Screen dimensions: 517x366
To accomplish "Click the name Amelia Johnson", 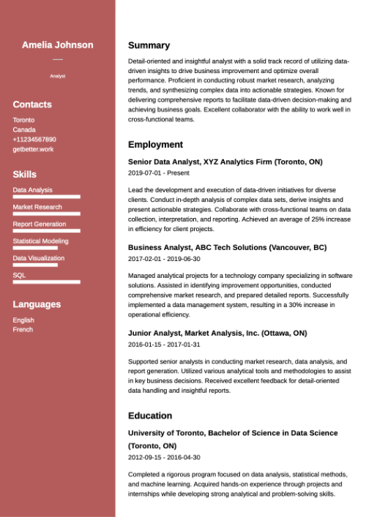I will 58,45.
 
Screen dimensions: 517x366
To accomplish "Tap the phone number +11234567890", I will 34,139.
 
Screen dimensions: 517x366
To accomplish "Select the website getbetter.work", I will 33,149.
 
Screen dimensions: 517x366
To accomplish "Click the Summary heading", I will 149,45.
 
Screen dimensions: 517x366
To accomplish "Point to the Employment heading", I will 155,145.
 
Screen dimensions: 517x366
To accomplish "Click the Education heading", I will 150,416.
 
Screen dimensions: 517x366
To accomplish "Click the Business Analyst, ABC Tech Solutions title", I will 227,247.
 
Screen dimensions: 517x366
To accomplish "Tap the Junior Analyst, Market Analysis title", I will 217,333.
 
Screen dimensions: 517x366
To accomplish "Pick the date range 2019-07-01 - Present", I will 158,173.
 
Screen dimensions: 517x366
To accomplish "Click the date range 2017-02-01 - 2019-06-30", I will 164,259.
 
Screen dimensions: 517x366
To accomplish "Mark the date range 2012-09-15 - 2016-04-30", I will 164,457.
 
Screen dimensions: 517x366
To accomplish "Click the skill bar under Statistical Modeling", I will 35,248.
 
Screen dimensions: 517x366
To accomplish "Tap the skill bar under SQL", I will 46,282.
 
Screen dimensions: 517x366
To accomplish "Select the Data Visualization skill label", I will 38,258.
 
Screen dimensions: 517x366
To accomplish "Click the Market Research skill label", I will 37,207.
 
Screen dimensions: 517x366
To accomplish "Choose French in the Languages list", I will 23,330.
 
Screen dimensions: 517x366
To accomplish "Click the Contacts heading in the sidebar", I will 32,105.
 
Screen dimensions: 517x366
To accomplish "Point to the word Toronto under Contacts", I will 23,120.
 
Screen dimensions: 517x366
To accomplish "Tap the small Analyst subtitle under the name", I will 58,76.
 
